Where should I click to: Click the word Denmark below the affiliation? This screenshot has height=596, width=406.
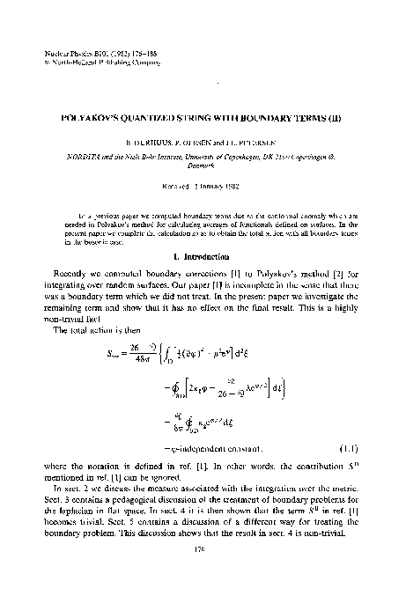[x=203, y=163]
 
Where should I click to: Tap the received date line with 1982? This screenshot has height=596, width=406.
[x=203, y=186]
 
